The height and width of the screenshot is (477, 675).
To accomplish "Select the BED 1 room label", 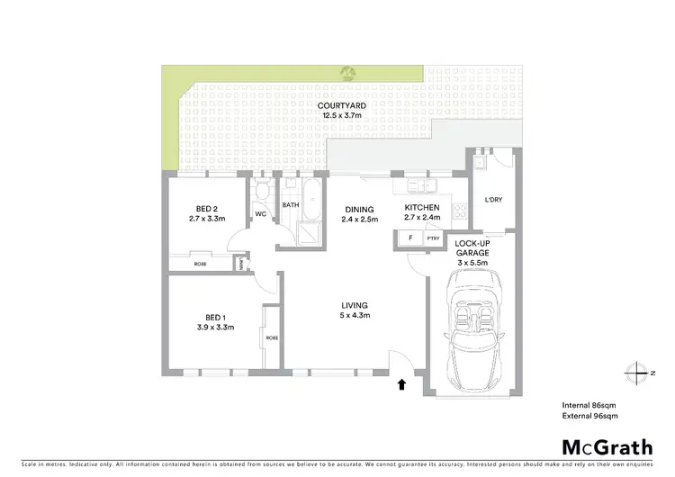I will click(x=216, y=322).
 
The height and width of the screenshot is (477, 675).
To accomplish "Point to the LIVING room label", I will click(x=354, y=310).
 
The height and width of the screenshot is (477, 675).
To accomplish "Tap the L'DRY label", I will click(x=493, y=200).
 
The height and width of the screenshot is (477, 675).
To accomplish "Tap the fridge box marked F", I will click(x=410, y=239).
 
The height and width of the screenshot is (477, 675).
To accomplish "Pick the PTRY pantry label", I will click(x=433, y=239).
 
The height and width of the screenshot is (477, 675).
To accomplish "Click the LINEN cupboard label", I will click(x=240, y=264).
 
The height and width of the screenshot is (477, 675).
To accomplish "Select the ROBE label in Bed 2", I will click(x=200, y=264).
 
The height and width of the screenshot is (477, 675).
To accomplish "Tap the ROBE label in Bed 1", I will click(x=271, y=337).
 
